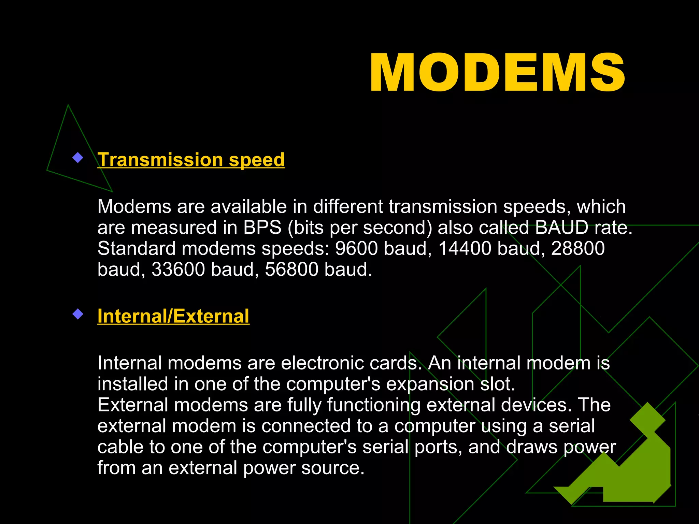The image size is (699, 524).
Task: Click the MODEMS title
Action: point(497,73)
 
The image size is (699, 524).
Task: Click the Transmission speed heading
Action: point(191,160)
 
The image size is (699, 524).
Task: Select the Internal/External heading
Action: point(173,316)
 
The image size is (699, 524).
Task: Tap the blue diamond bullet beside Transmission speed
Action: point(78,158)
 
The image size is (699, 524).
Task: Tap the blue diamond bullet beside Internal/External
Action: point(78,314)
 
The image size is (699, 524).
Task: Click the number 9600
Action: point(356,248)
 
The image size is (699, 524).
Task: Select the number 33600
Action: point(178,270)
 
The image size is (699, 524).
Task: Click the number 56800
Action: point(291,270)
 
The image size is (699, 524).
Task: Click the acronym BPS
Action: point(262,228)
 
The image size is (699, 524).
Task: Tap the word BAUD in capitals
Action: point(561,228)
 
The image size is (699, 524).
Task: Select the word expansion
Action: point(430,384)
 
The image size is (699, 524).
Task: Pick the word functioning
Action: point(374,405)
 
